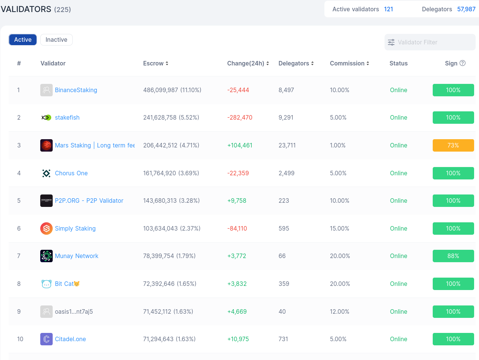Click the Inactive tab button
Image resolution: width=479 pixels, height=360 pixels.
coord(56,40)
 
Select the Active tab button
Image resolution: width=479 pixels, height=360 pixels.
coord(23,40)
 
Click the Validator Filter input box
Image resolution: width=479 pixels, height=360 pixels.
coord(430,43)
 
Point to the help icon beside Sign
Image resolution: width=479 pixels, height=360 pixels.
coord(462,63)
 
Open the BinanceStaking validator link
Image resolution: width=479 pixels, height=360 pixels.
coord(76,90)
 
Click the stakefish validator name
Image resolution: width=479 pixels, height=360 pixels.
coord(67,118)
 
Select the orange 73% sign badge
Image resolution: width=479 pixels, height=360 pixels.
coord(453,146)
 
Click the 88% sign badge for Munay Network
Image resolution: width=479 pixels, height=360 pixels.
coord(453,256)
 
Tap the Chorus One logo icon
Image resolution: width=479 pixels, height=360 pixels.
coord(46,173)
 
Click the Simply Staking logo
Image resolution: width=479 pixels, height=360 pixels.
coord(46,229)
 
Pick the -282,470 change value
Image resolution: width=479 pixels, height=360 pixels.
coord(240,118)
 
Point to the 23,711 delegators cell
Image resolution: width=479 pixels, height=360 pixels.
coord(287,146)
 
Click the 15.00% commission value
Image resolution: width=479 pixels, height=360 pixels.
coord(339,229)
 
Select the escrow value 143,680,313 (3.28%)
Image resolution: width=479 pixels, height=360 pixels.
coord(171,201)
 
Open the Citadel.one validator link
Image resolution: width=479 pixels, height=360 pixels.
coord(70,339)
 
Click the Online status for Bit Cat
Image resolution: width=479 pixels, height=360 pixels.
coord(398,284)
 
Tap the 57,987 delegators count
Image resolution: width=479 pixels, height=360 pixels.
coord(466,9)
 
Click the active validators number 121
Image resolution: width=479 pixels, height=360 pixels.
coord(388,9)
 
